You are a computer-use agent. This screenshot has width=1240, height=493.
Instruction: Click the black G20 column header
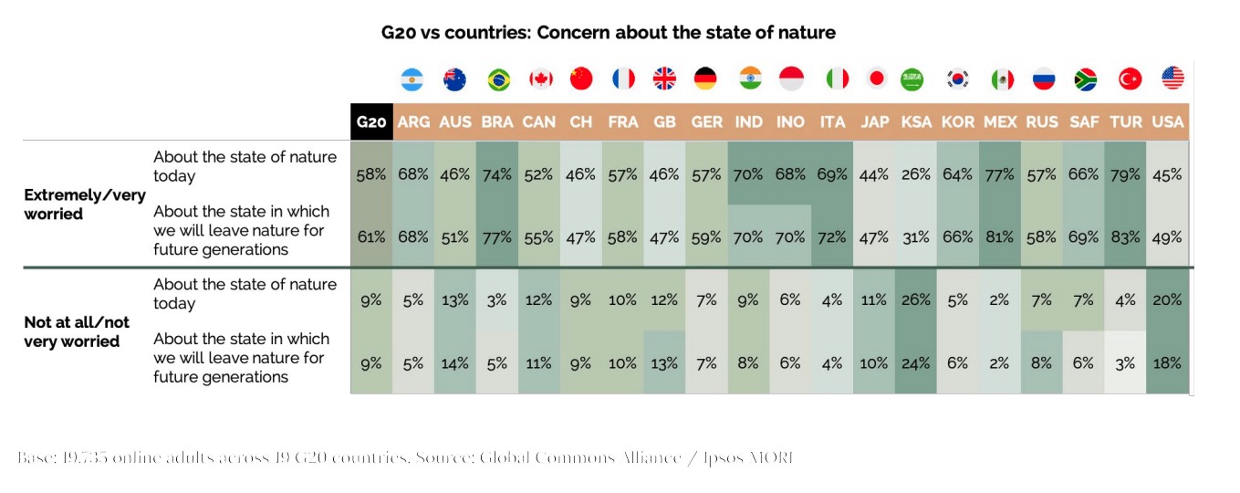point(371,122)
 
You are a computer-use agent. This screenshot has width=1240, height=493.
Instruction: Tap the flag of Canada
point(540,79)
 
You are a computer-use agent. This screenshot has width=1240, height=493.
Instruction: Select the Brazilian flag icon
point(498,79)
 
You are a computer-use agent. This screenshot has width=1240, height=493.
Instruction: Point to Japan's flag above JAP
point(876,79)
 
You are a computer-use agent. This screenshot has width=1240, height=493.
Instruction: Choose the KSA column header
point(915,122)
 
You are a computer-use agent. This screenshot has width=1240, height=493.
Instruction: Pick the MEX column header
point(1000,122)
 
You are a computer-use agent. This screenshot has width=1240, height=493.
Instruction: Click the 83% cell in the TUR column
point(1125,236)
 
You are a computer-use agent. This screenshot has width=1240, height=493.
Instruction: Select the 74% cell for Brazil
point(497,174)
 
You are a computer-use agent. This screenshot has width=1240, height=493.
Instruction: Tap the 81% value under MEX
point(999,236)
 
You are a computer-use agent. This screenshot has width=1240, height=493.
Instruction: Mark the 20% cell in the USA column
point(1168,299)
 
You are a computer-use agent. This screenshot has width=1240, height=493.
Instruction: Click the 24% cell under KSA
point(915,362)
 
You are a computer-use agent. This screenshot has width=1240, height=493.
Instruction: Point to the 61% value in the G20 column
point(371,236)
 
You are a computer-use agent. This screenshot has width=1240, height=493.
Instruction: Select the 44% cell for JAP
point(873,174)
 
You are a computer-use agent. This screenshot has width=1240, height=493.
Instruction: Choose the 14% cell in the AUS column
point(454,362)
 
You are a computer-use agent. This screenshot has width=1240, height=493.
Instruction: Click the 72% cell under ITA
point(831,236)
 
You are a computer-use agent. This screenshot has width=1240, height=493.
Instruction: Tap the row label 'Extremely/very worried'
point(84,205)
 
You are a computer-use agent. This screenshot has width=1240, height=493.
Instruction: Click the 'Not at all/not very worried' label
point(77,331)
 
